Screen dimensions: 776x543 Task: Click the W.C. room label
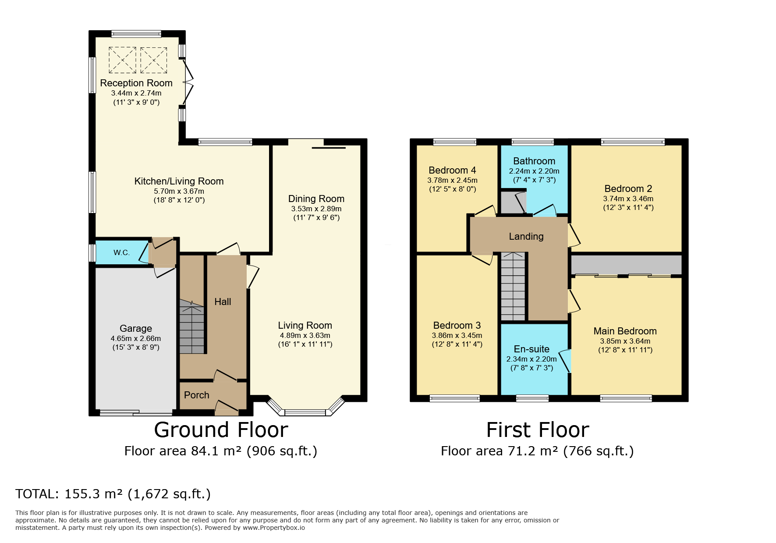[121, 252]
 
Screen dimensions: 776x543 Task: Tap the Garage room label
[136, 328]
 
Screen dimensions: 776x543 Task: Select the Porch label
[197, 395]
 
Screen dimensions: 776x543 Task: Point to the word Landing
[526, 237]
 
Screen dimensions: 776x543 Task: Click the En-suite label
[532, 349]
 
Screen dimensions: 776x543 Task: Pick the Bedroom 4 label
[452, 170]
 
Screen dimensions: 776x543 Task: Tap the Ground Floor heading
[221, 430]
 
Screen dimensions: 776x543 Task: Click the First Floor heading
[538, 430]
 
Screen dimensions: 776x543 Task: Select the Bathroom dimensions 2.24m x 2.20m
[534, 171]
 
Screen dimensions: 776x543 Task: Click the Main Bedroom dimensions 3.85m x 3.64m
[625, 341]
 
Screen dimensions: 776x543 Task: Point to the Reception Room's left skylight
[122, 60]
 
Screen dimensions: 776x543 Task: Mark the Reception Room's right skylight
[154, 60]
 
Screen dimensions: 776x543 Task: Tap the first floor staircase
[513, 287]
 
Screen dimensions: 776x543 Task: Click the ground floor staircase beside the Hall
[192, 327]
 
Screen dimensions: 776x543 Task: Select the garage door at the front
[136, 412]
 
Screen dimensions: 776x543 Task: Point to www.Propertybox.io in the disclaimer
[274, 528]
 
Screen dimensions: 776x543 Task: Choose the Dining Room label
[316, 199]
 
